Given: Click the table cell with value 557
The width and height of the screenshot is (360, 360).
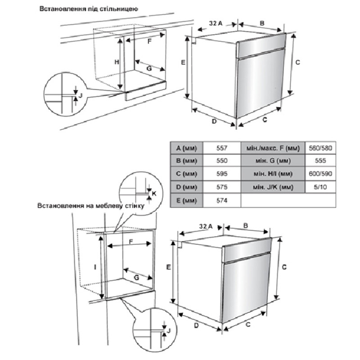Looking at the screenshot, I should pyautogui.click(x=222, y=148).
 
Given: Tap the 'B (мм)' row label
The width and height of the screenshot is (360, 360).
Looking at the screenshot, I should pyautogui.click(x=187, y=161).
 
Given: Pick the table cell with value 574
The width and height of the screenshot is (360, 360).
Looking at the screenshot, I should pyautogui.click(x=222, y=200).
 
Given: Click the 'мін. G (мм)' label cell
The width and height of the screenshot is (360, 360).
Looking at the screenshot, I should pyautogui.click(x=273, y=161).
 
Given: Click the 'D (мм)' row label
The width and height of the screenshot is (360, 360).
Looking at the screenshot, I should pyautogui.click(x=187, y=187).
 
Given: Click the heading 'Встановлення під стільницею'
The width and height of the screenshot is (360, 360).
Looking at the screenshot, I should pyautogui.click(x=89, y=9).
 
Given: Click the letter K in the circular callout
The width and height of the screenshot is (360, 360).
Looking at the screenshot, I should pyautogui.click(x=154, y=194).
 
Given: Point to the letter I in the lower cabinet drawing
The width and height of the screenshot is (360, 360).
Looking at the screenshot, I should pyautogui.click(x=95, y=267).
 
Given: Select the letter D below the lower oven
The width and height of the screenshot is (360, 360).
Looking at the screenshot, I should pyautogui.click(x=197, y=325).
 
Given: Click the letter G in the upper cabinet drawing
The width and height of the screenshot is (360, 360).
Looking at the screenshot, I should pyautogui.click(x=149, y=68).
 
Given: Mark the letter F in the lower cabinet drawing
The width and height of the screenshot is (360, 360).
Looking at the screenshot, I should pyautogui.click(x=131, y=242).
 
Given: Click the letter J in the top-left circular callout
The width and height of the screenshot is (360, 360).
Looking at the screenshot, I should pyautogui.click(x=81, y=95).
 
